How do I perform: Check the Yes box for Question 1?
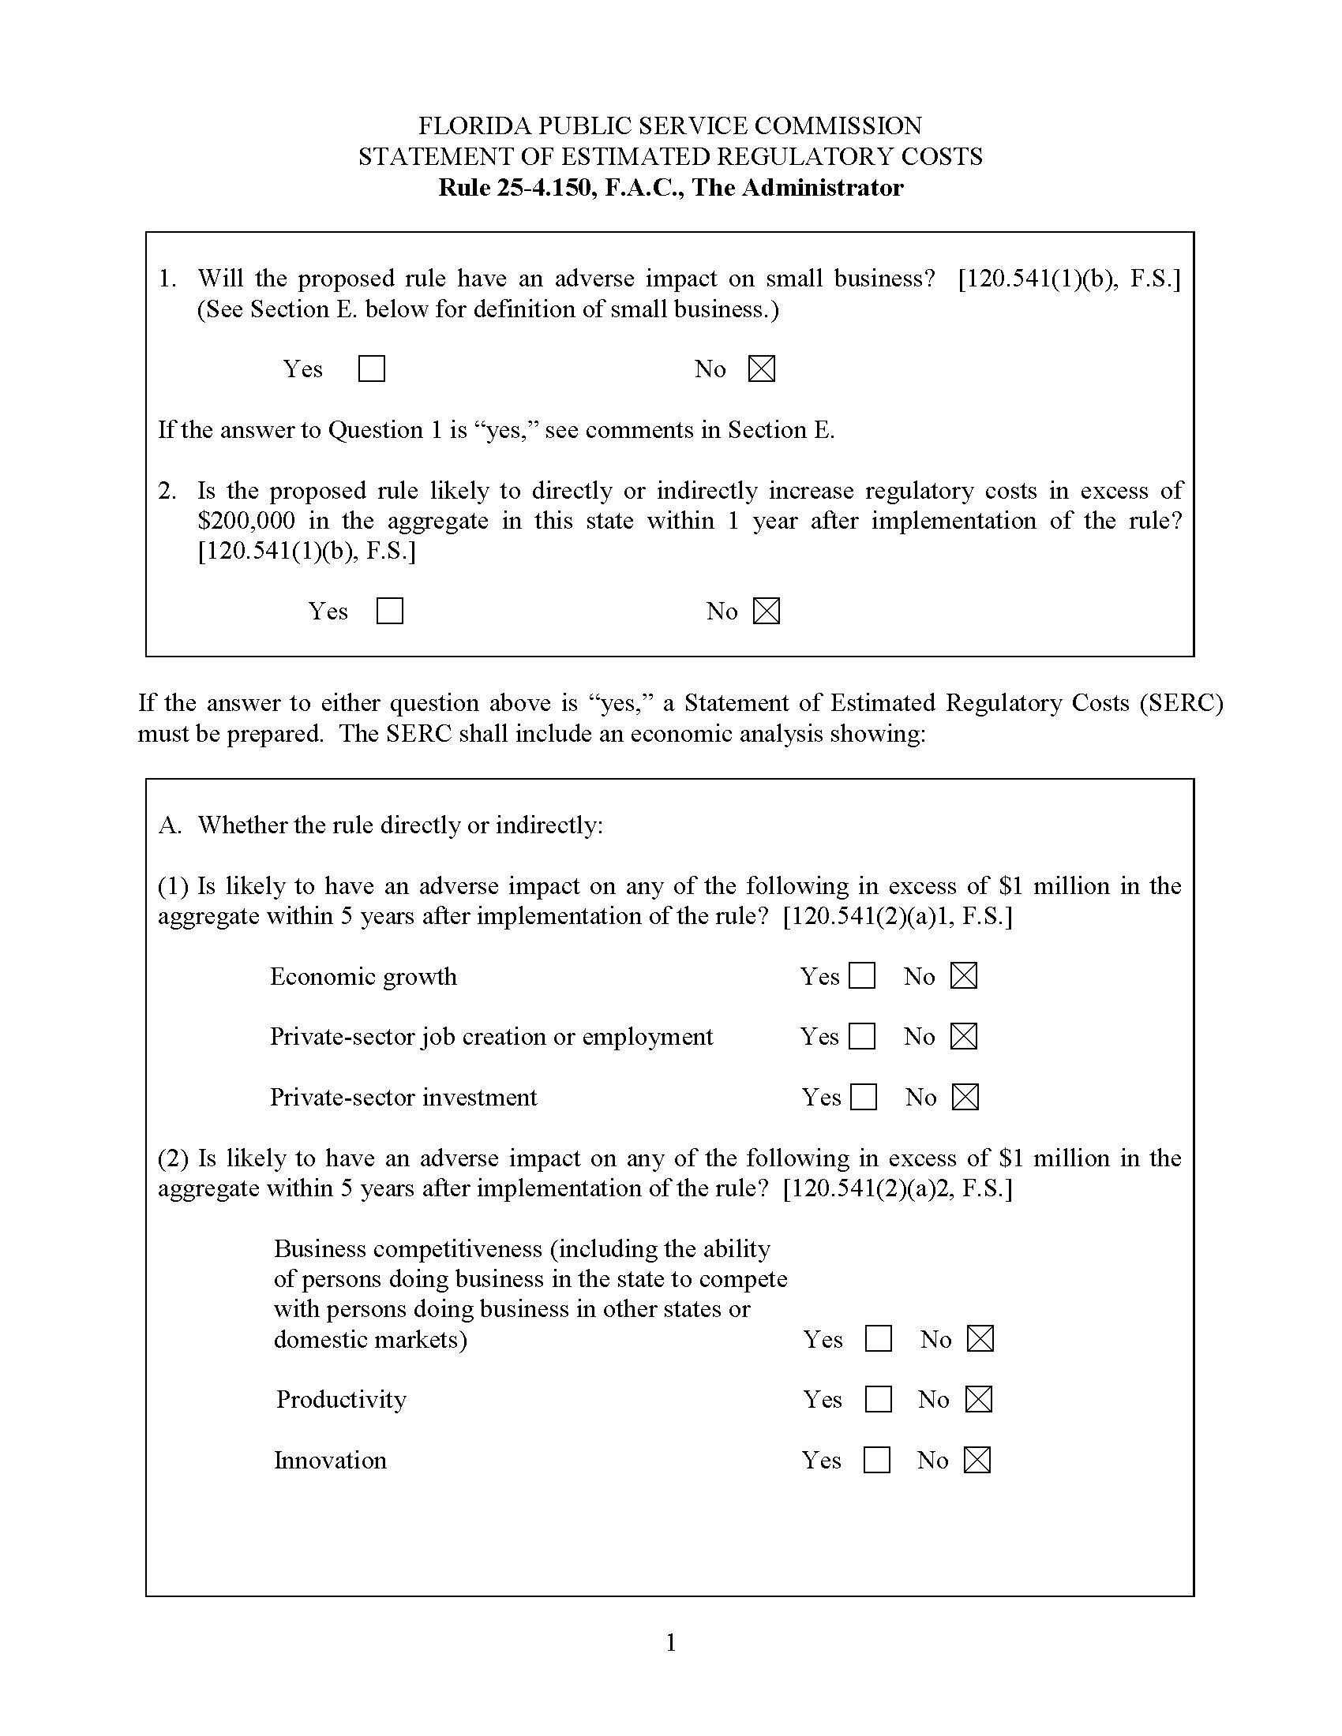[371, 369]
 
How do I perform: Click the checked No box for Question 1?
[762, 369]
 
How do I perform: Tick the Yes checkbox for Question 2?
[389, 611]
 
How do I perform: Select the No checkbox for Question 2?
[767, 611]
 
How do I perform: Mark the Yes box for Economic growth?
[862, 975]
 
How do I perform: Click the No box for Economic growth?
[964, 975]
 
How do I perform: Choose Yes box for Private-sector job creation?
[862, 1036]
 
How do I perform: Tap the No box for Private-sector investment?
[965, 1097]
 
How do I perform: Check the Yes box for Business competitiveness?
[878, 1338]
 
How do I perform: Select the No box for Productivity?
[979, 1399]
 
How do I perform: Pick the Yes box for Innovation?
[876, 1459]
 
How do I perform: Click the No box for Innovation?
[977, 1459]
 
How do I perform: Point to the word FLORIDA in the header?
[474, 126]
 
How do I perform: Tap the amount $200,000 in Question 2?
[246, 521]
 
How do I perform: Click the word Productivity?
[341, 1400]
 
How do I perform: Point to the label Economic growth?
[363, 976]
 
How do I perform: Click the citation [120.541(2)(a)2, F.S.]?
[898, 1188]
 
